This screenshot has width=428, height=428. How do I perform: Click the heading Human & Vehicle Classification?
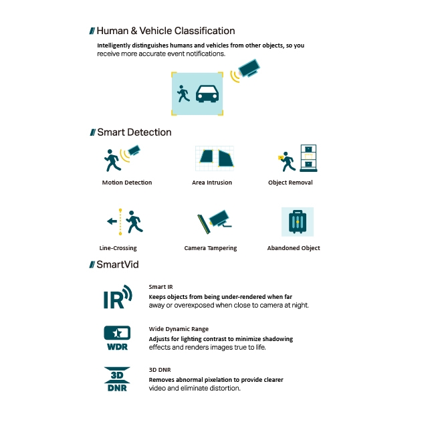165,31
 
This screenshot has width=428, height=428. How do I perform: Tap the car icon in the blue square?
208,94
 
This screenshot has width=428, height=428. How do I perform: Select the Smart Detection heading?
134,132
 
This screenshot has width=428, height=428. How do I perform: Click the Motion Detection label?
127,183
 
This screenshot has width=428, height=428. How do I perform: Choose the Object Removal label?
290,183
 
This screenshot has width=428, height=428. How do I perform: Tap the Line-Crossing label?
118,248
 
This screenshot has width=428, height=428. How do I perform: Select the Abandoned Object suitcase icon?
297,222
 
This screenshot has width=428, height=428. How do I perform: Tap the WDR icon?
117,337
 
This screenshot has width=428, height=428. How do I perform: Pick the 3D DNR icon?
117,379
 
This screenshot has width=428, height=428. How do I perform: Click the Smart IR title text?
160,286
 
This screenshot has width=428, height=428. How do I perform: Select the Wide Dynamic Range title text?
179,329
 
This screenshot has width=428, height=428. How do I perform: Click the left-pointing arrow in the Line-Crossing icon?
111,221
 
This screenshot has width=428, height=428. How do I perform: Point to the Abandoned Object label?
294,248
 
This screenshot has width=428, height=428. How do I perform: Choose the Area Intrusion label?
212,183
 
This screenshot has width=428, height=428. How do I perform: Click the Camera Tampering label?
211,248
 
